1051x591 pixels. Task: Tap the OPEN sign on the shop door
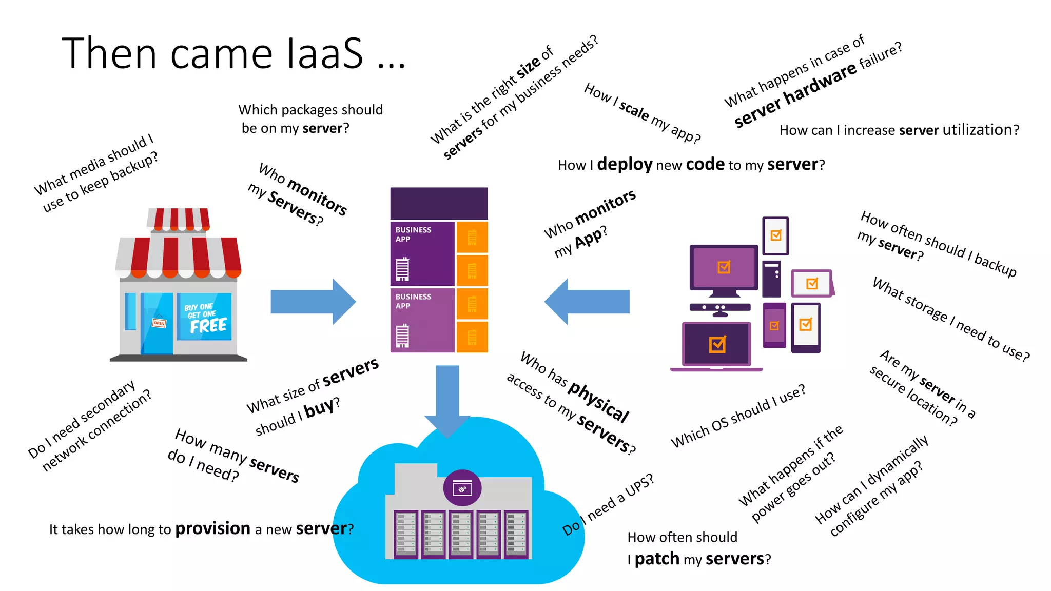pos(159,323)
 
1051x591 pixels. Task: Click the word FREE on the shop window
pos(208,326)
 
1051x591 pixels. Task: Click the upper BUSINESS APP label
pos(413,234)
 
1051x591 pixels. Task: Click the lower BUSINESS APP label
pos(413,301)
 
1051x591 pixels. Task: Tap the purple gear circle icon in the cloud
pos(462,488)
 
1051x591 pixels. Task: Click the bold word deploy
pos(625,164)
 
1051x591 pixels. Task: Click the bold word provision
pos(212,528)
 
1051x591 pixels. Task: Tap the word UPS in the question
pos(639,485)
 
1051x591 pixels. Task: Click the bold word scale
pos(634,110)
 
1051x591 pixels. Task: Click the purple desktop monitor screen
pos(724,267)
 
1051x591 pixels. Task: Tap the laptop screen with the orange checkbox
pos(717,344)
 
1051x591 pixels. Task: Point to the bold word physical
pos(598,402)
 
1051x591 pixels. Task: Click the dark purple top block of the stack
pos(439,204)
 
